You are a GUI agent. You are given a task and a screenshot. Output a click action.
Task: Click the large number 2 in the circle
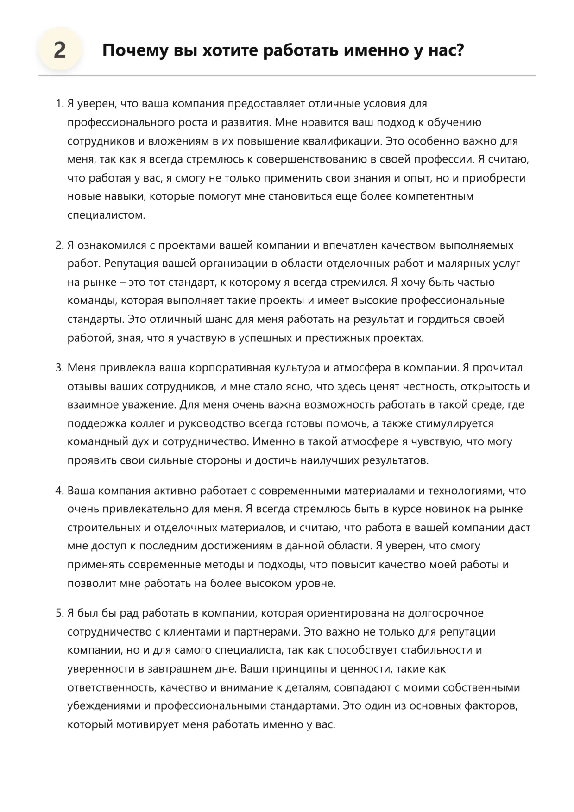60,50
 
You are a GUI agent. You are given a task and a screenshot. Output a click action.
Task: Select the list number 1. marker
59,104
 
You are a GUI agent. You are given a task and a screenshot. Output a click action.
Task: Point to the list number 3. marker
59,368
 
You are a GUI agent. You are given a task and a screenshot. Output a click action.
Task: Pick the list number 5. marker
59,613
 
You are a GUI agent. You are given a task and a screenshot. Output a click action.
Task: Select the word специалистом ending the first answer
106,215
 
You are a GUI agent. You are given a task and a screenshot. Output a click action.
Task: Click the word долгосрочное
446,613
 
